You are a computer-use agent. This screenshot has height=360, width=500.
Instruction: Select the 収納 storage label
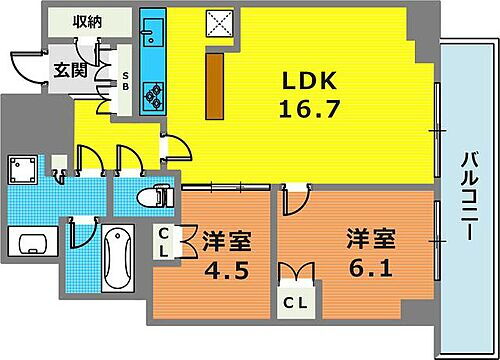tap(88, 21)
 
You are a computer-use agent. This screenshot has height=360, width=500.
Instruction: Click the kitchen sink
tap(154, 39)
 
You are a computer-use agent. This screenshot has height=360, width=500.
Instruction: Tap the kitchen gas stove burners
tap(155, 94)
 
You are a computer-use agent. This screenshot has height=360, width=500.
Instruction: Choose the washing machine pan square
tap(23, 168)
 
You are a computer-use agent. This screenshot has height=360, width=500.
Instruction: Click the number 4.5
tap(225, 271)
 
